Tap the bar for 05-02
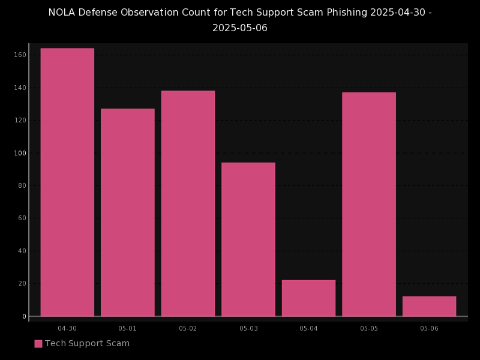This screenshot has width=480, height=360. coord(188,203)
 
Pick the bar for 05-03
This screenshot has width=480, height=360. coord(248,239)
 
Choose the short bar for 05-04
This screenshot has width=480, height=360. coord(308,298)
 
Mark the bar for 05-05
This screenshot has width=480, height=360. coord(369,204)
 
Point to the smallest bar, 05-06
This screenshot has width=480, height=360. coord(429,306)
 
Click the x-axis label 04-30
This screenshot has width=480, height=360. coord(67,328)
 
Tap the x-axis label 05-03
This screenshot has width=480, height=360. coord(248,328)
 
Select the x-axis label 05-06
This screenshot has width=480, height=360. coord(429,328)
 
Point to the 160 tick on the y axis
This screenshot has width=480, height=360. coord(20,55)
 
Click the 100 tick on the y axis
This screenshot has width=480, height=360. coord(20,153)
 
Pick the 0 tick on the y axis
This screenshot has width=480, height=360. coord(24,316)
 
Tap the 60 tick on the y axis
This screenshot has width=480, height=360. coord(22,218)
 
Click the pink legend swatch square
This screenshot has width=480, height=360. coord(38,344)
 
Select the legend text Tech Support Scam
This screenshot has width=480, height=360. coord(87,344)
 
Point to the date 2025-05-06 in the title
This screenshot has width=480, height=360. coord(240,28)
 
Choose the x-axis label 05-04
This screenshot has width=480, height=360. coord(308,328)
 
